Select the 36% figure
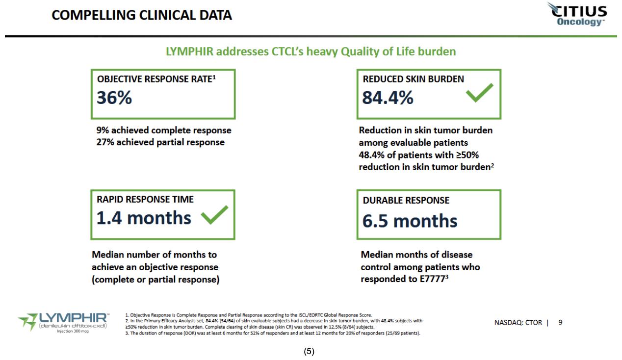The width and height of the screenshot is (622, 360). click(x=114, y=98)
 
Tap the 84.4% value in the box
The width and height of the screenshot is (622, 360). click(x=388, y=98)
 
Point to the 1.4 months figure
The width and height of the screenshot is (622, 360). click(x=144, y=217)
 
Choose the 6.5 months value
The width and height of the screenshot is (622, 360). click(x=410, y=221)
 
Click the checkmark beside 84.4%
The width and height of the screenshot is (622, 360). click(x=479, y=93)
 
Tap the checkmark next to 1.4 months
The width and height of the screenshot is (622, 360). click(x=214, y=215)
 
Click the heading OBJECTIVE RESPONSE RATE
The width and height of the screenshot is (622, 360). click(x=155, y=79)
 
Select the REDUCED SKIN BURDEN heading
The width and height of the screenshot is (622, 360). click(x=413, y=79)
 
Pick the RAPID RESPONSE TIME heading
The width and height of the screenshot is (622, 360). click(x=145, y=199)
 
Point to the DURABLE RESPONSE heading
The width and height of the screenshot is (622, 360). click(x=406, y=200)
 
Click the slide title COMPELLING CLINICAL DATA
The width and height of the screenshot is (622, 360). click(x=141, y=15)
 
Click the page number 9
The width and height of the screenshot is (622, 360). click(x=560, y=322)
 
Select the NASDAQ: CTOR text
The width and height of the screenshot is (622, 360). click(x=518, y=322)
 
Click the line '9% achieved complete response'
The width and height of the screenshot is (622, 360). click(x=164, y=130)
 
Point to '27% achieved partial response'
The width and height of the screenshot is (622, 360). click(x=160, y=142)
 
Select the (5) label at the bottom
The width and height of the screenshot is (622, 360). click(x=309, y=351)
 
